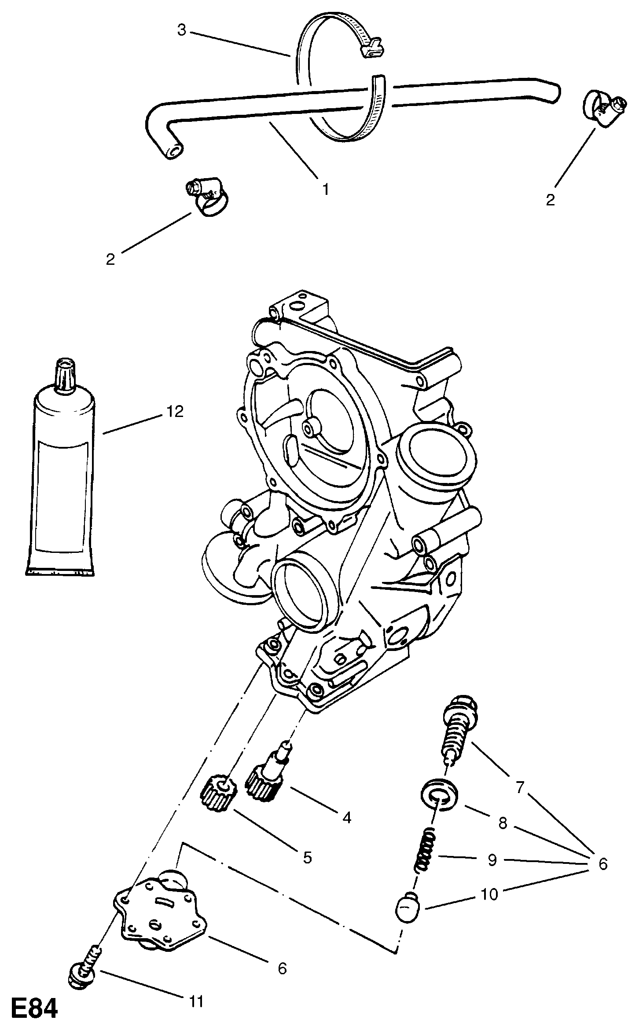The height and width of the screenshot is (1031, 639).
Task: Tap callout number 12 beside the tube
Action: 175,412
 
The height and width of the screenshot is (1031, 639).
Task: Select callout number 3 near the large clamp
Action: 182,30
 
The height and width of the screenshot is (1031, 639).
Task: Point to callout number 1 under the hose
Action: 325,190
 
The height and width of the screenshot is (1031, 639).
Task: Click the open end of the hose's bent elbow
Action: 173,151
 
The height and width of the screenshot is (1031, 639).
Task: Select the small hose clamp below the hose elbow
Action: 206,198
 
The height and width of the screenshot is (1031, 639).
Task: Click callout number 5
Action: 307,857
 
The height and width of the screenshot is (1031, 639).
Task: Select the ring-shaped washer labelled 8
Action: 439,794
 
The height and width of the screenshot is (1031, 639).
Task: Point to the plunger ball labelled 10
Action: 409,906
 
